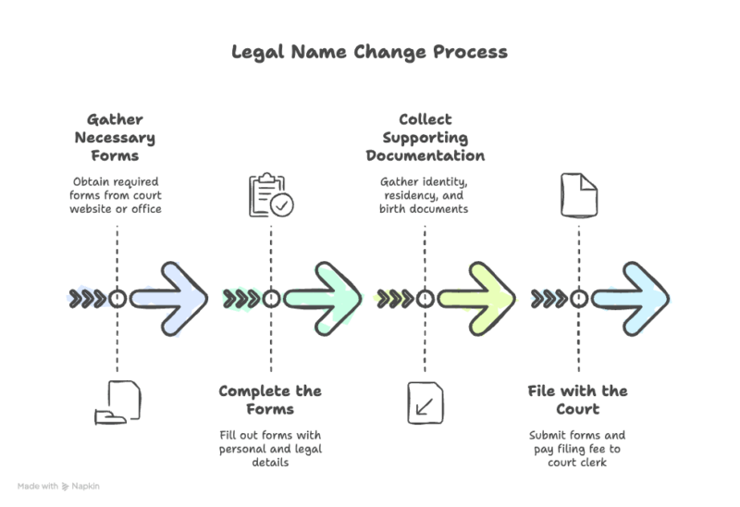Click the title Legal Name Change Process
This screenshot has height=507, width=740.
tap(369, 51)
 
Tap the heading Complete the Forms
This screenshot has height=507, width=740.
tap(269, 400)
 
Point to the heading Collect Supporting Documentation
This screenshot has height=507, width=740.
tap(425, 138)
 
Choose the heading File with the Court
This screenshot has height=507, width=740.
tap(578, 400)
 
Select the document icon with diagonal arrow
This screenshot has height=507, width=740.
tap(425, 402)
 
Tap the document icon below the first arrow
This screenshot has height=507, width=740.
tap(117, 402)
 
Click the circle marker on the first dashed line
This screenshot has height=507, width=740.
tap(117, 299)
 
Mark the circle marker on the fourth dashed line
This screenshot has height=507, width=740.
tap(578, 299)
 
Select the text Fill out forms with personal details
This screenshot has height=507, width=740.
tap(269, 448)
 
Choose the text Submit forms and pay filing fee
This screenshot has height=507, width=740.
tap(578, 448)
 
